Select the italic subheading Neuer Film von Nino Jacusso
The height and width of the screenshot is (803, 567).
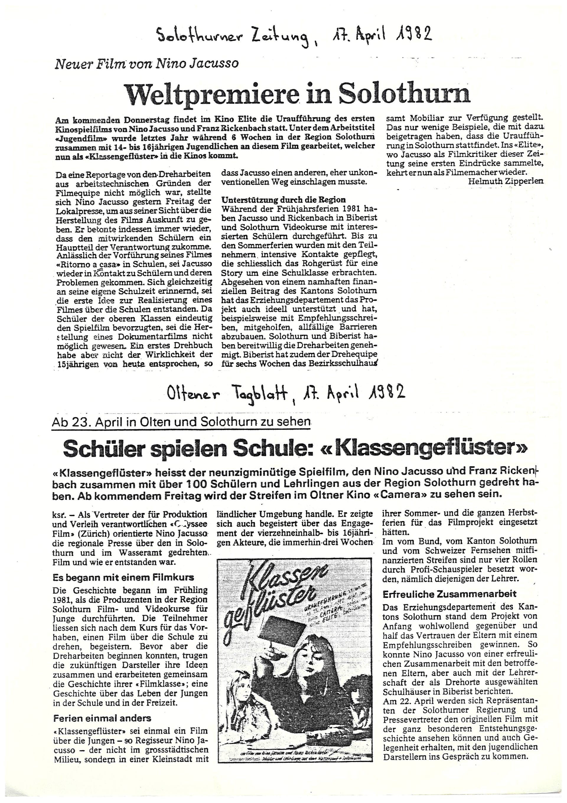point(146,63)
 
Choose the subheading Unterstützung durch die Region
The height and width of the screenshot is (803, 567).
point(283,200)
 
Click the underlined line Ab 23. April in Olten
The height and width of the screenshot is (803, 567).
point(181,422)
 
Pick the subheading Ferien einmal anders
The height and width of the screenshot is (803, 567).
point(102,716)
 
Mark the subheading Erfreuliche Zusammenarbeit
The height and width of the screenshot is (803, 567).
point(449,594)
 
